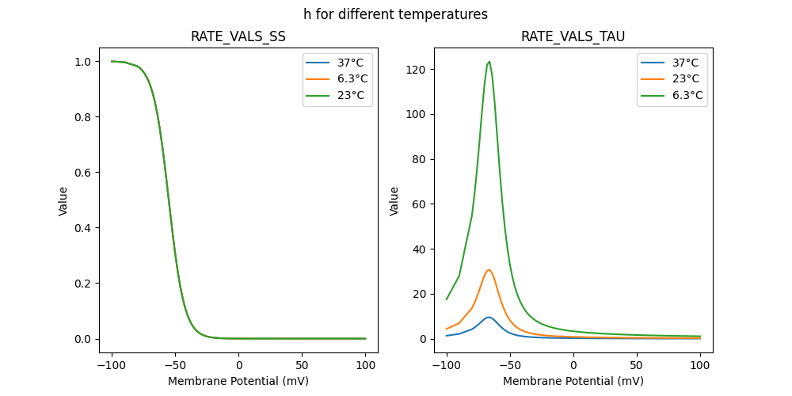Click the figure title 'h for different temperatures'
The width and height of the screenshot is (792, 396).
click(x=395, y=14)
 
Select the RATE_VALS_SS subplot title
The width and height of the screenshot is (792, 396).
click(x=238, y=36)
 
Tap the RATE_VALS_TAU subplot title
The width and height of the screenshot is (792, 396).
click(x=573, y=36)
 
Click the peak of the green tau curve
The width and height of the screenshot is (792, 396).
click(x=489, y=61)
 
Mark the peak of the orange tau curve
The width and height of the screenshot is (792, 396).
click(x=489, y=270)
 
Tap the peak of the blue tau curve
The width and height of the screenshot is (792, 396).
click(x=489, y=318)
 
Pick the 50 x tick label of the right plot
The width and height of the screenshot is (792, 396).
click(x=636, y=365)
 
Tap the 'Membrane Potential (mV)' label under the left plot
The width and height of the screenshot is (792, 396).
click(x=238, y=381)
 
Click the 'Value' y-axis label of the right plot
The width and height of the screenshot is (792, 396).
click(x=394, y=201)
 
